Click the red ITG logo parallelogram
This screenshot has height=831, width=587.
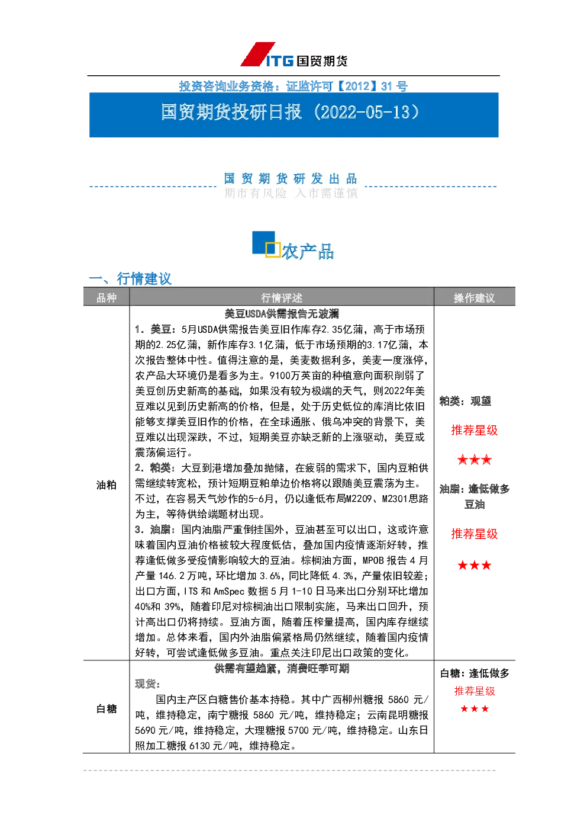pos(258,54)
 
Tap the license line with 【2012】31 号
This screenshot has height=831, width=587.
pos(293,86)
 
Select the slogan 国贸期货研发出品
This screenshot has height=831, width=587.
pos(290,178)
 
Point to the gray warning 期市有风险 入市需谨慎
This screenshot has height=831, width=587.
pos(291,193)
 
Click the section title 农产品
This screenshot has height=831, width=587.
pos(308,252)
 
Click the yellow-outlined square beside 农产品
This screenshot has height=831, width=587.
pos(272,250)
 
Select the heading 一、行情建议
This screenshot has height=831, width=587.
pos(130,278)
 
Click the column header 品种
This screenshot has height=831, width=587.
pos(107,297)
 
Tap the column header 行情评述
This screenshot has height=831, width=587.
pos(282,297)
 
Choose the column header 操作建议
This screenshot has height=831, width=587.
pos(475,297)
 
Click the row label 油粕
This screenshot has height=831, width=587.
pos(107,485)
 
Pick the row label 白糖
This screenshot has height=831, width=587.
pos(107,709)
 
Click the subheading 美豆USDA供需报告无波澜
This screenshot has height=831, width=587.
pos(282,314)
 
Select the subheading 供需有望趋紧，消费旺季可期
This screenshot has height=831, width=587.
pos(282,669)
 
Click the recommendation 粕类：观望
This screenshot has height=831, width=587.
pos(465,401)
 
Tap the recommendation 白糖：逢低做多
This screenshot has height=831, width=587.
pos(475,673)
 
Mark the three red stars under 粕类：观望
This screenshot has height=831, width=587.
pos(475,460)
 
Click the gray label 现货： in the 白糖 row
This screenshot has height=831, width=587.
pos(147,684)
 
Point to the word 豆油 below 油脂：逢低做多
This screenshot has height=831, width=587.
pos(475,505)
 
